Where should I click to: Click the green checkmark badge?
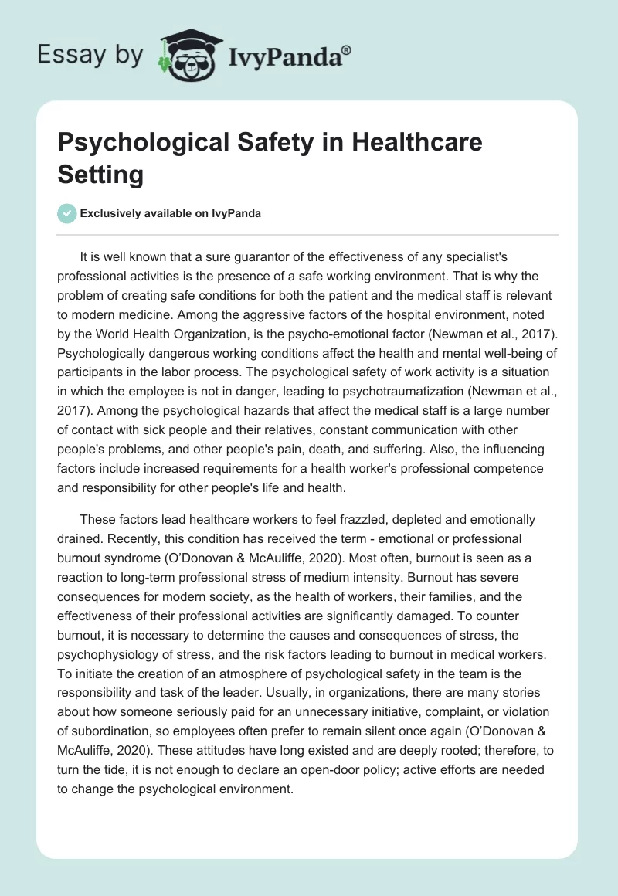point(67,213)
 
